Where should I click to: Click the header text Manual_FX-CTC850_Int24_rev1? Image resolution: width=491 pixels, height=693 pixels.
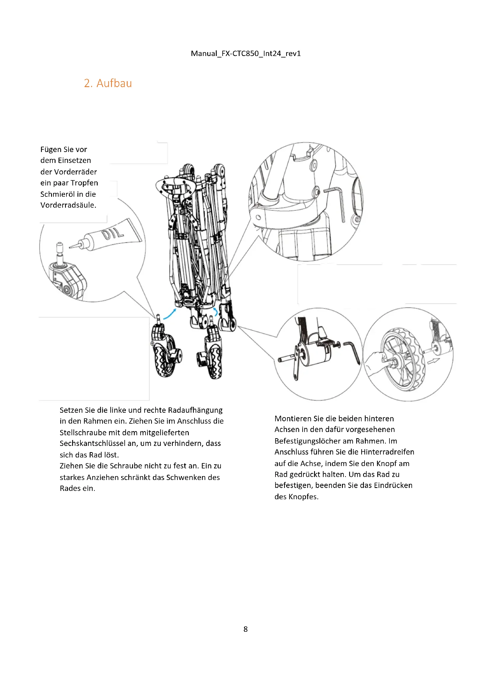[x=246, y=53]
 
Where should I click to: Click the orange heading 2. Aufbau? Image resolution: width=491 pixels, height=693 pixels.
[x=108, y=83]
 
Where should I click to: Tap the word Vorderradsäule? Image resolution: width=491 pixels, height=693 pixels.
[x=68, y=205]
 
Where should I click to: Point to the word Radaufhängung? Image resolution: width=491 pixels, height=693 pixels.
[x=195, y=410]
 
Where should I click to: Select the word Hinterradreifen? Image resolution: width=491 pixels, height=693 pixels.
[x=387, y=452]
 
